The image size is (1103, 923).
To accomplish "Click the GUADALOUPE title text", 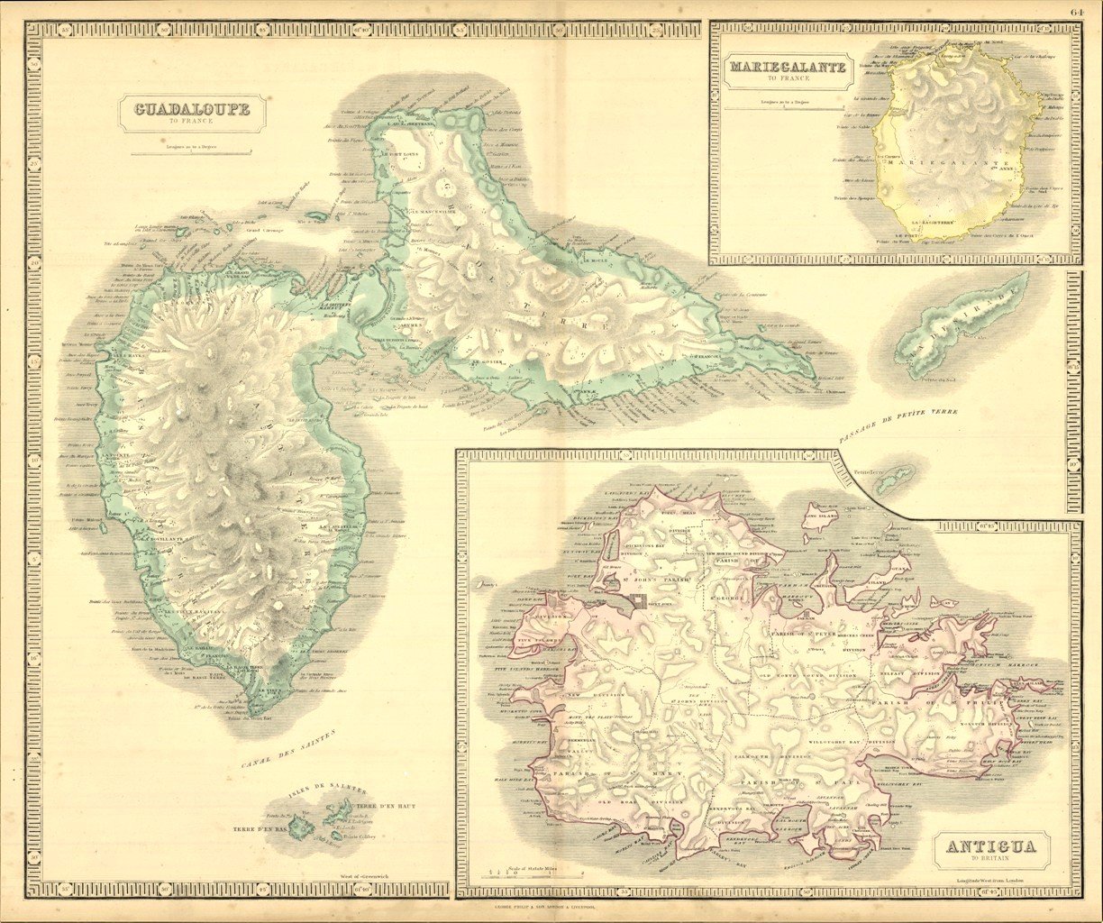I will (191, 110).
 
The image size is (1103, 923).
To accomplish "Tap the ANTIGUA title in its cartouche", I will (990, 846).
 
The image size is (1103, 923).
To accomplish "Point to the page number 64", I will (1078, 11).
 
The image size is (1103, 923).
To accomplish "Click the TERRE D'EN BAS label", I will (260, 827).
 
